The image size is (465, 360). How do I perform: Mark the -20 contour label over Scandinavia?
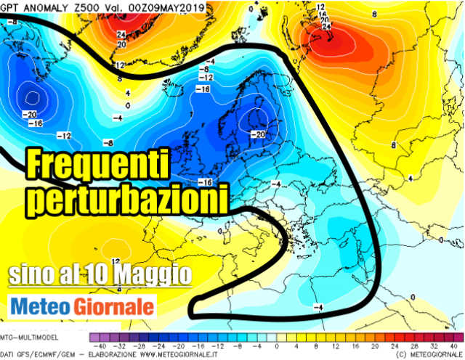click(257, 135)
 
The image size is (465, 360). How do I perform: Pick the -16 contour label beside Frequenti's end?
click(206, 182)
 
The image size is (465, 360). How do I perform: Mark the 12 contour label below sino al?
click(116, 260)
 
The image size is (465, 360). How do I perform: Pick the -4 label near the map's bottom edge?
click(317, 308)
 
